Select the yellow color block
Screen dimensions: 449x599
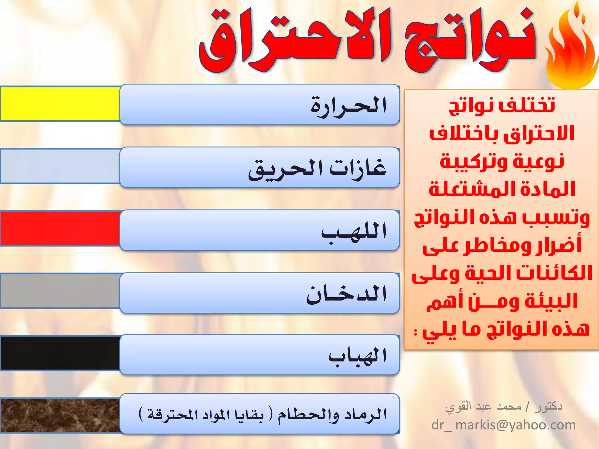tap(60, 103)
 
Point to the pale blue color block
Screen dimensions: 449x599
tap(60, 166)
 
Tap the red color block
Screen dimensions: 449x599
tap(60, 229)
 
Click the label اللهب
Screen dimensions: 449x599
tap(354, 231)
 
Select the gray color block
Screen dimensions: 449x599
tap(60, 291)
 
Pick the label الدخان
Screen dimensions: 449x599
tap(347, 294)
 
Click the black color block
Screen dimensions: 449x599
tap(60, 353)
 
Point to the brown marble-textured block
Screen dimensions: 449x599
tap(60, 415)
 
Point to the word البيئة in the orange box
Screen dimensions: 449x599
tap(551, 301)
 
